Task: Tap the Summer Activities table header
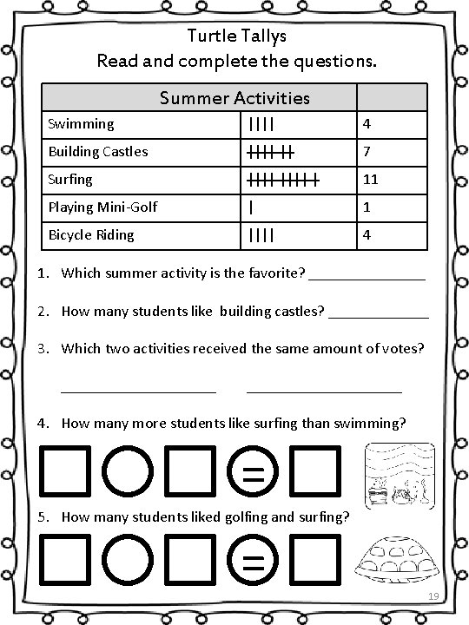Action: coord(234,97)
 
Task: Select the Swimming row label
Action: coord(82,124)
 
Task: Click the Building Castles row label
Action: coord(98,152)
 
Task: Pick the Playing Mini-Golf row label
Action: coord(102,207)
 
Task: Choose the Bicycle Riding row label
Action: coord(91,235)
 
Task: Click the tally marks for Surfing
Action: coord(283,181)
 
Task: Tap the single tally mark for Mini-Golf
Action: coord(251,207)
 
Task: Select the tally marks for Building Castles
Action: coord(270,152)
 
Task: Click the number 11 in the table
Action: coord(371,180)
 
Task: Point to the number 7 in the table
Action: coord(367,152)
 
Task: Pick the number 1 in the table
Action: coord(367,207)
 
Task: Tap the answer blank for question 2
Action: coord(379,316)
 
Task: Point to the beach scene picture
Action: coord(399,473)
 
